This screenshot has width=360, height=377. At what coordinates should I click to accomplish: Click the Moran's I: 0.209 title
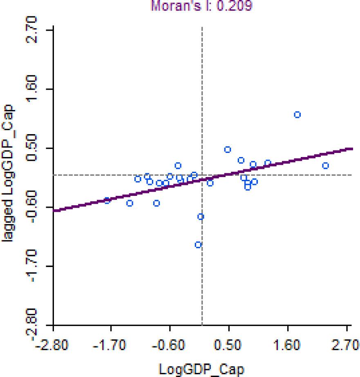tap(201, 6)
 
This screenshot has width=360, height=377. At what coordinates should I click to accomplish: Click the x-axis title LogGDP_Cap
tap(201, 369)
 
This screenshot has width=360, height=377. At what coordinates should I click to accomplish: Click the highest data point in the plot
tap(297, 115)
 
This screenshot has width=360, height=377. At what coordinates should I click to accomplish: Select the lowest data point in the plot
tap(198, 245)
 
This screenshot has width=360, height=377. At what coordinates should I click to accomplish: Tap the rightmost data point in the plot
tap(326, 166)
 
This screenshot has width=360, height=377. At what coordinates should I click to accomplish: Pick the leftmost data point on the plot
tap(107, 200)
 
